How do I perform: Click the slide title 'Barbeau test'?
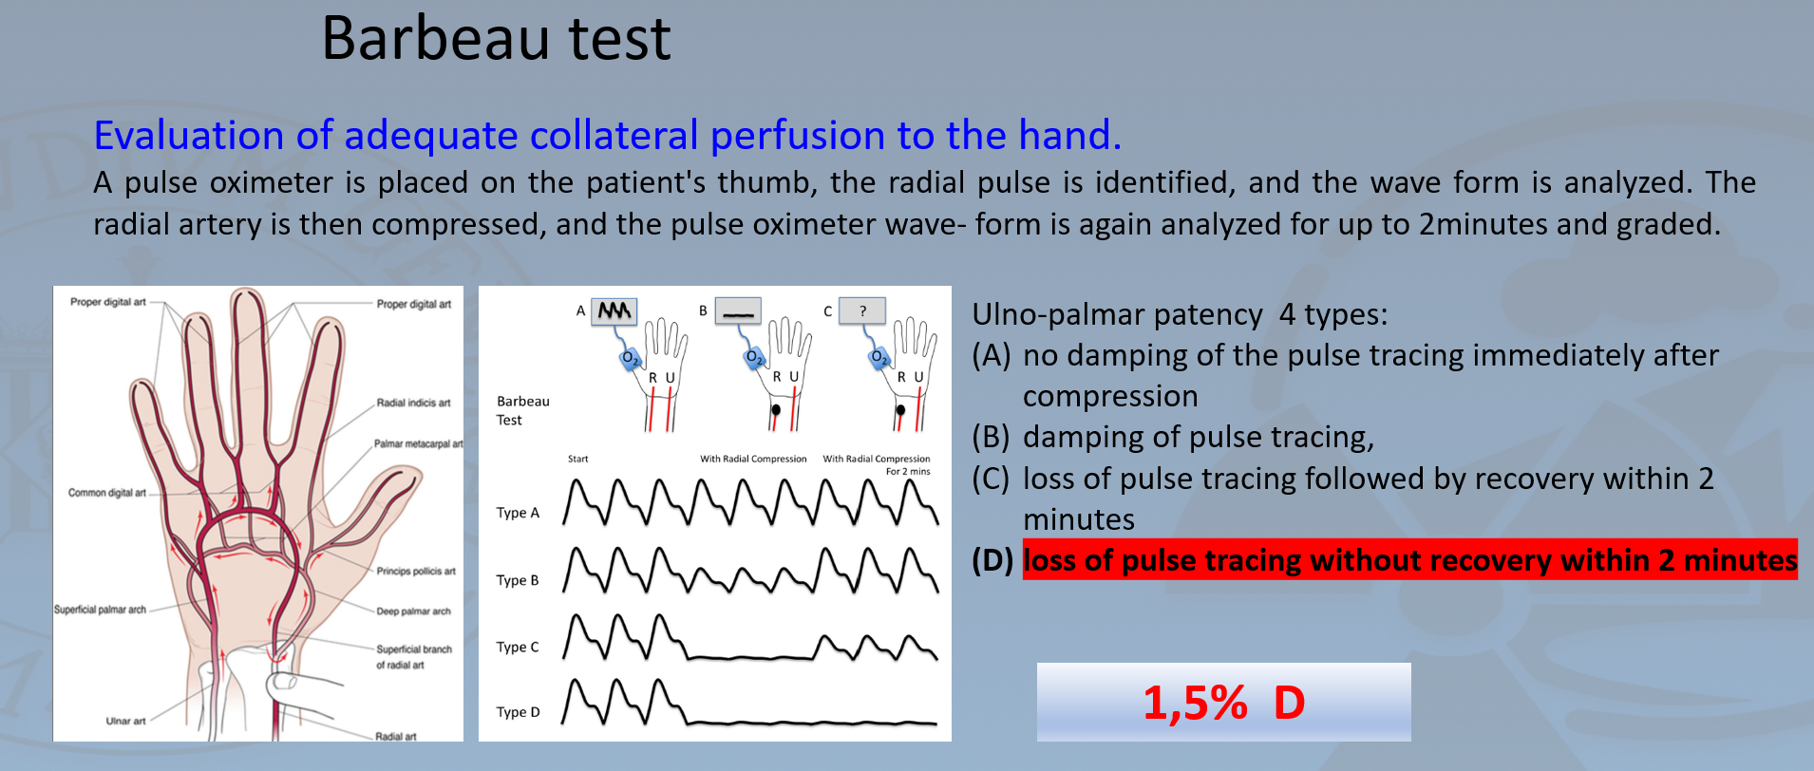496,39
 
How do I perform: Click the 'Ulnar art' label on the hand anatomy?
125,721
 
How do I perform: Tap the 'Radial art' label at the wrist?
395,736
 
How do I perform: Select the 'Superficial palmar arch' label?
100,610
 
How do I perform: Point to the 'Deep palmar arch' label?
413,611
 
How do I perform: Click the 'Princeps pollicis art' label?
416,572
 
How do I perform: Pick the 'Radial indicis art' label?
413,403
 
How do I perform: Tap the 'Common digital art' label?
106,493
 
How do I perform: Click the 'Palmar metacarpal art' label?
418,443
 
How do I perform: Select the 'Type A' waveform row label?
518,513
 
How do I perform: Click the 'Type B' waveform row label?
518,580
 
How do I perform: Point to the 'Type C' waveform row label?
518,647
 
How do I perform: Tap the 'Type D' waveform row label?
518,712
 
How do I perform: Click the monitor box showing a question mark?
862,310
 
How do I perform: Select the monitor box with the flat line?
738,310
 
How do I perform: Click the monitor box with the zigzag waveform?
614,310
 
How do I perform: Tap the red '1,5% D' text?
1224,703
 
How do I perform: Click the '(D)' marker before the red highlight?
992,560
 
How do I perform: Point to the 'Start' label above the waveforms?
577,459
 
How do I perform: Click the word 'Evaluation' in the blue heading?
189,135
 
